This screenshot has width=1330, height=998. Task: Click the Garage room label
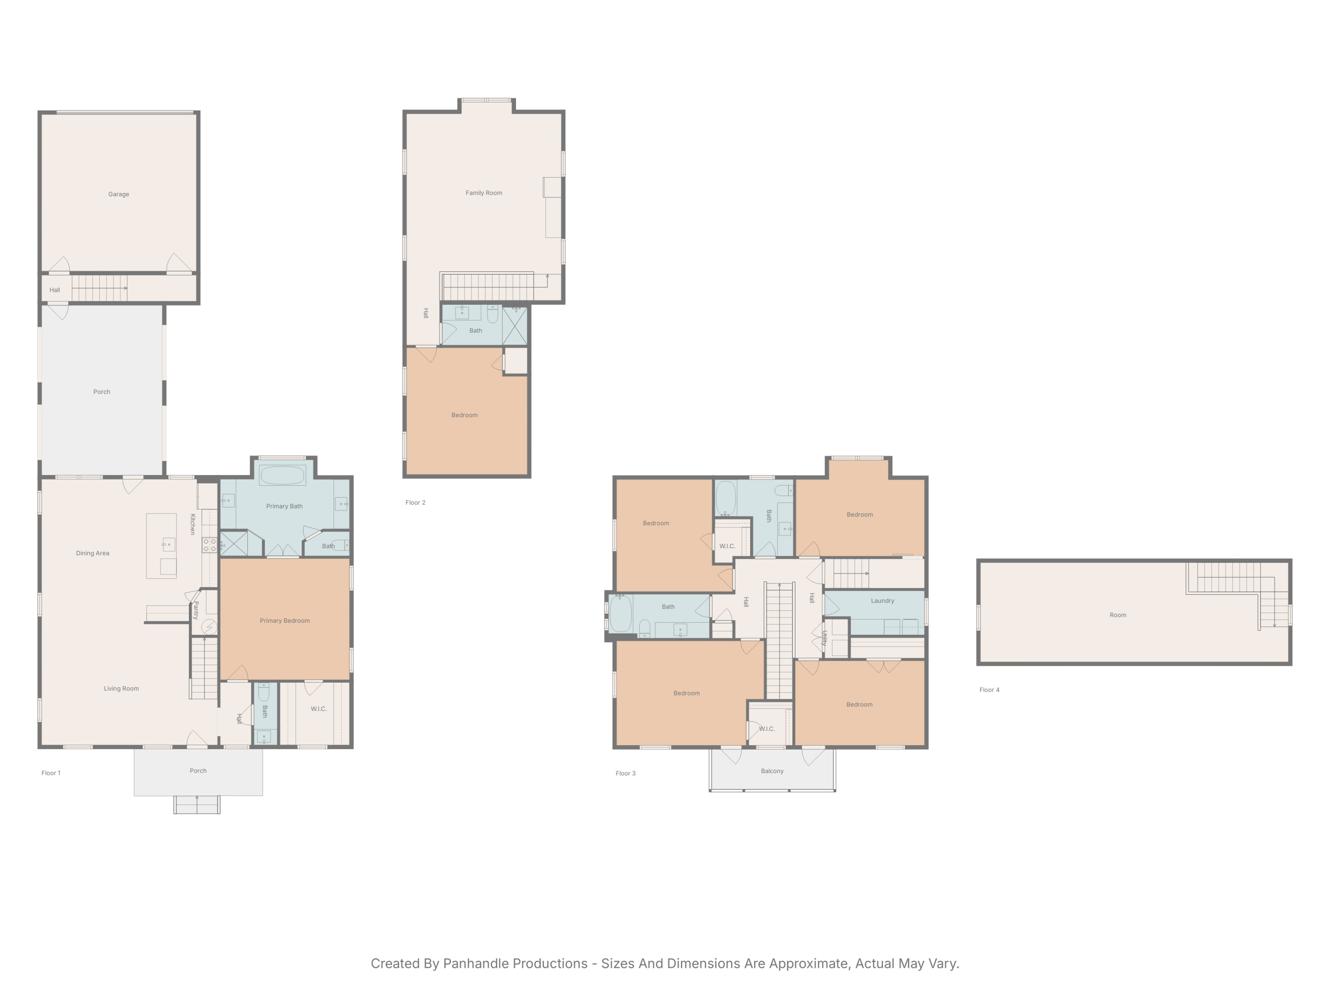coord(118,194)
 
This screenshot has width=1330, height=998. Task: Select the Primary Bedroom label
coord(285,621)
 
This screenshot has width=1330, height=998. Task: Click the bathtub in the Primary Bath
coord(282,475)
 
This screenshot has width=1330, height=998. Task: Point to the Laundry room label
coord(882,601)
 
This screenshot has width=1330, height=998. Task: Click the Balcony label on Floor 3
coord(772,771)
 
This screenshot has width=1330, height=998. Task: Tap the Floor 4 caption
coord(989,690)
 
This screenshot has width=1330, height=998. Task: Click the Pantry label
coord(196,610)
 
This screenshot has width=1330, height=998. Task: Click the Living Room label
coord(121,689)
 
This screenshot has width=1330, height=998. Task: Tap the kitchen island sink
coord(168,544)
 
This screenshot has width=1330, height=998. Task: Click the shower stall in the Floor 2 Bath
coord(515,326)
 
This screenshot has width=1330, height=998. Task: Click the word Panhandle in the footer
coord(515,964)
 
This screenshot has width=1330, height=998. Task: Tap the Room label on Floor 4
coord(1117,615)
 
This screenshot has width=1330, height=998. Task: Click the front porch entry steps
coord(196,805)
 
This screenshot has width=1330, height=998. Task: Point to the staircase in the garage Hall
coord(99,288)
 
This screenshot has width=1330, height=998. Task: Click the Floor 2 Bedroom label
coord(464,416)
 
